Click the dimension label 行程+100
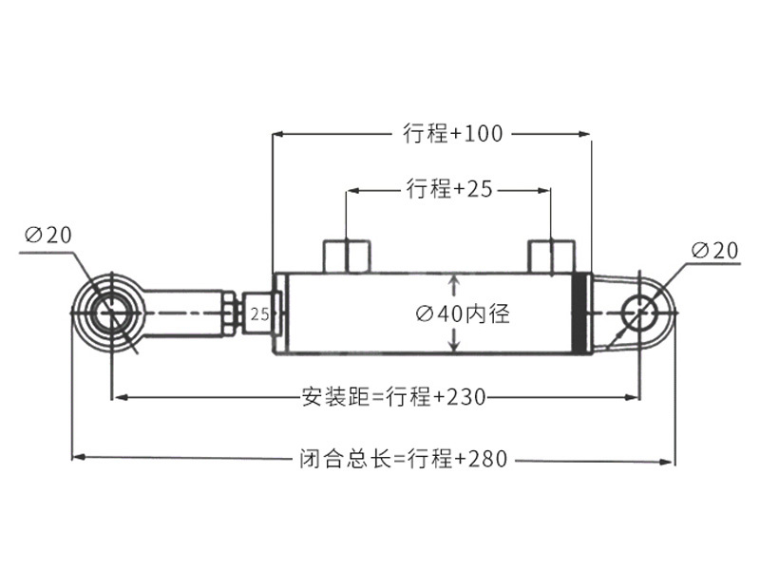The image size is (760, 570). pos(453,133)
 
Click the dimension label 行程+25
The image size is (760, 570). pos(449,188)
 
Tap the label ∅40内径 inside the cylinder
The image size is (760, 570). pos(463,313)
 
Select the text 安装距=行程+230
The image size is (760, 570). pos(393,397)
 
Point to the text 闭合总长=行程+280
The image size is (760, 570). pos(403,459)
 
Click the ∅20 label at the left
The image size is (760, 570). pos(48,236)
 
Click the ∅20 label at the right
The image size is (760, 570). pos(715,251)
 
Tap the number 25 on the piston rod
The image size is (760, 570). pos(259,314)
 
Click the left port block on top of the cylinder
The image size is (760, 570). pos(347,256)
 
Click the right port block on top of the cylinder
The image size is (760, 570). pos(552,256)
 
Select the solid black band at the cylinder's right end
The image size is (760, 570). pos(579,313)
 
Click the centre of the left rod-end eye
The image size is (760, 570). pos(112,313)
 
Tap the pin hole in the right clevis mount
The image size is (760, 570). pos(640,313)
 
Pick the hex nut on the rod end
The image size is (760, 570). pos(230,313)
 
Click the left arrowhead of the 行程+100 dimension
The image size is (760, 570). pos(278,134)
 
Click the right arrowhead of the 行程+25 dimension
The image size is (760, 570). pos(544,191)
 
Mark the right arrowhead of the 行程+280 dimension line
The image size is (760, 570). pos(667,462)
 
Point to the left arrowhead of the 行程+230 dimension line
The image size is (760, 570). pos(121,397)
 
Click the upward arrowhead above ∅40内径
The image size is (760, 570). pos(454,281)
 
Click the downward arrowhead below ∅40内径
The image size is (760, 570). pos(454,345)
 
